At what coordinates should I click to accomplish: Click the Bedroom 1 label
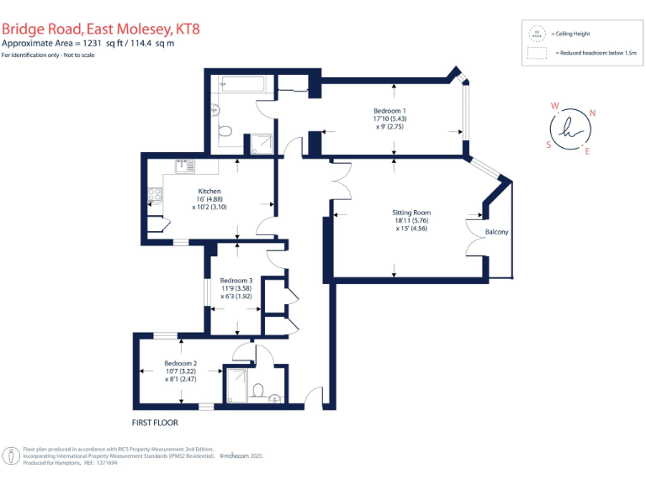click(x=389, y=111)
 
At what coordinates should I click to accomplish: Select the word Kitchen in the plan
click(x=209, y=191)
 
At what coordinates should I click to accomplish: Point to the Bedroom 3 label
click(x=236, y=280)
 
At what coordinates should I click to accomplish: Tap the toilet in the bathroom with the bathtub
click(x=225, y=131)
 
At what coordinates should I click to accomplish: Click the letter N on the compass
click(x=592, y=113)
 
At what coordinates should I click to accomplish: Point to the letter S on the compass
click(x=549, y=144)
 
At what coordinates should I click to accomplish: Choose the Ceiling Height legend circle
click(x=535, y=34)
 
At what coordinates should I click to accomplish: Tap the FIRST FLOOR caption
click(x=155, y=422)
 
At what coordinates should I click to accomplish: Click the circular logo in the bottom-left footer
click(x=12, y=455)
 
